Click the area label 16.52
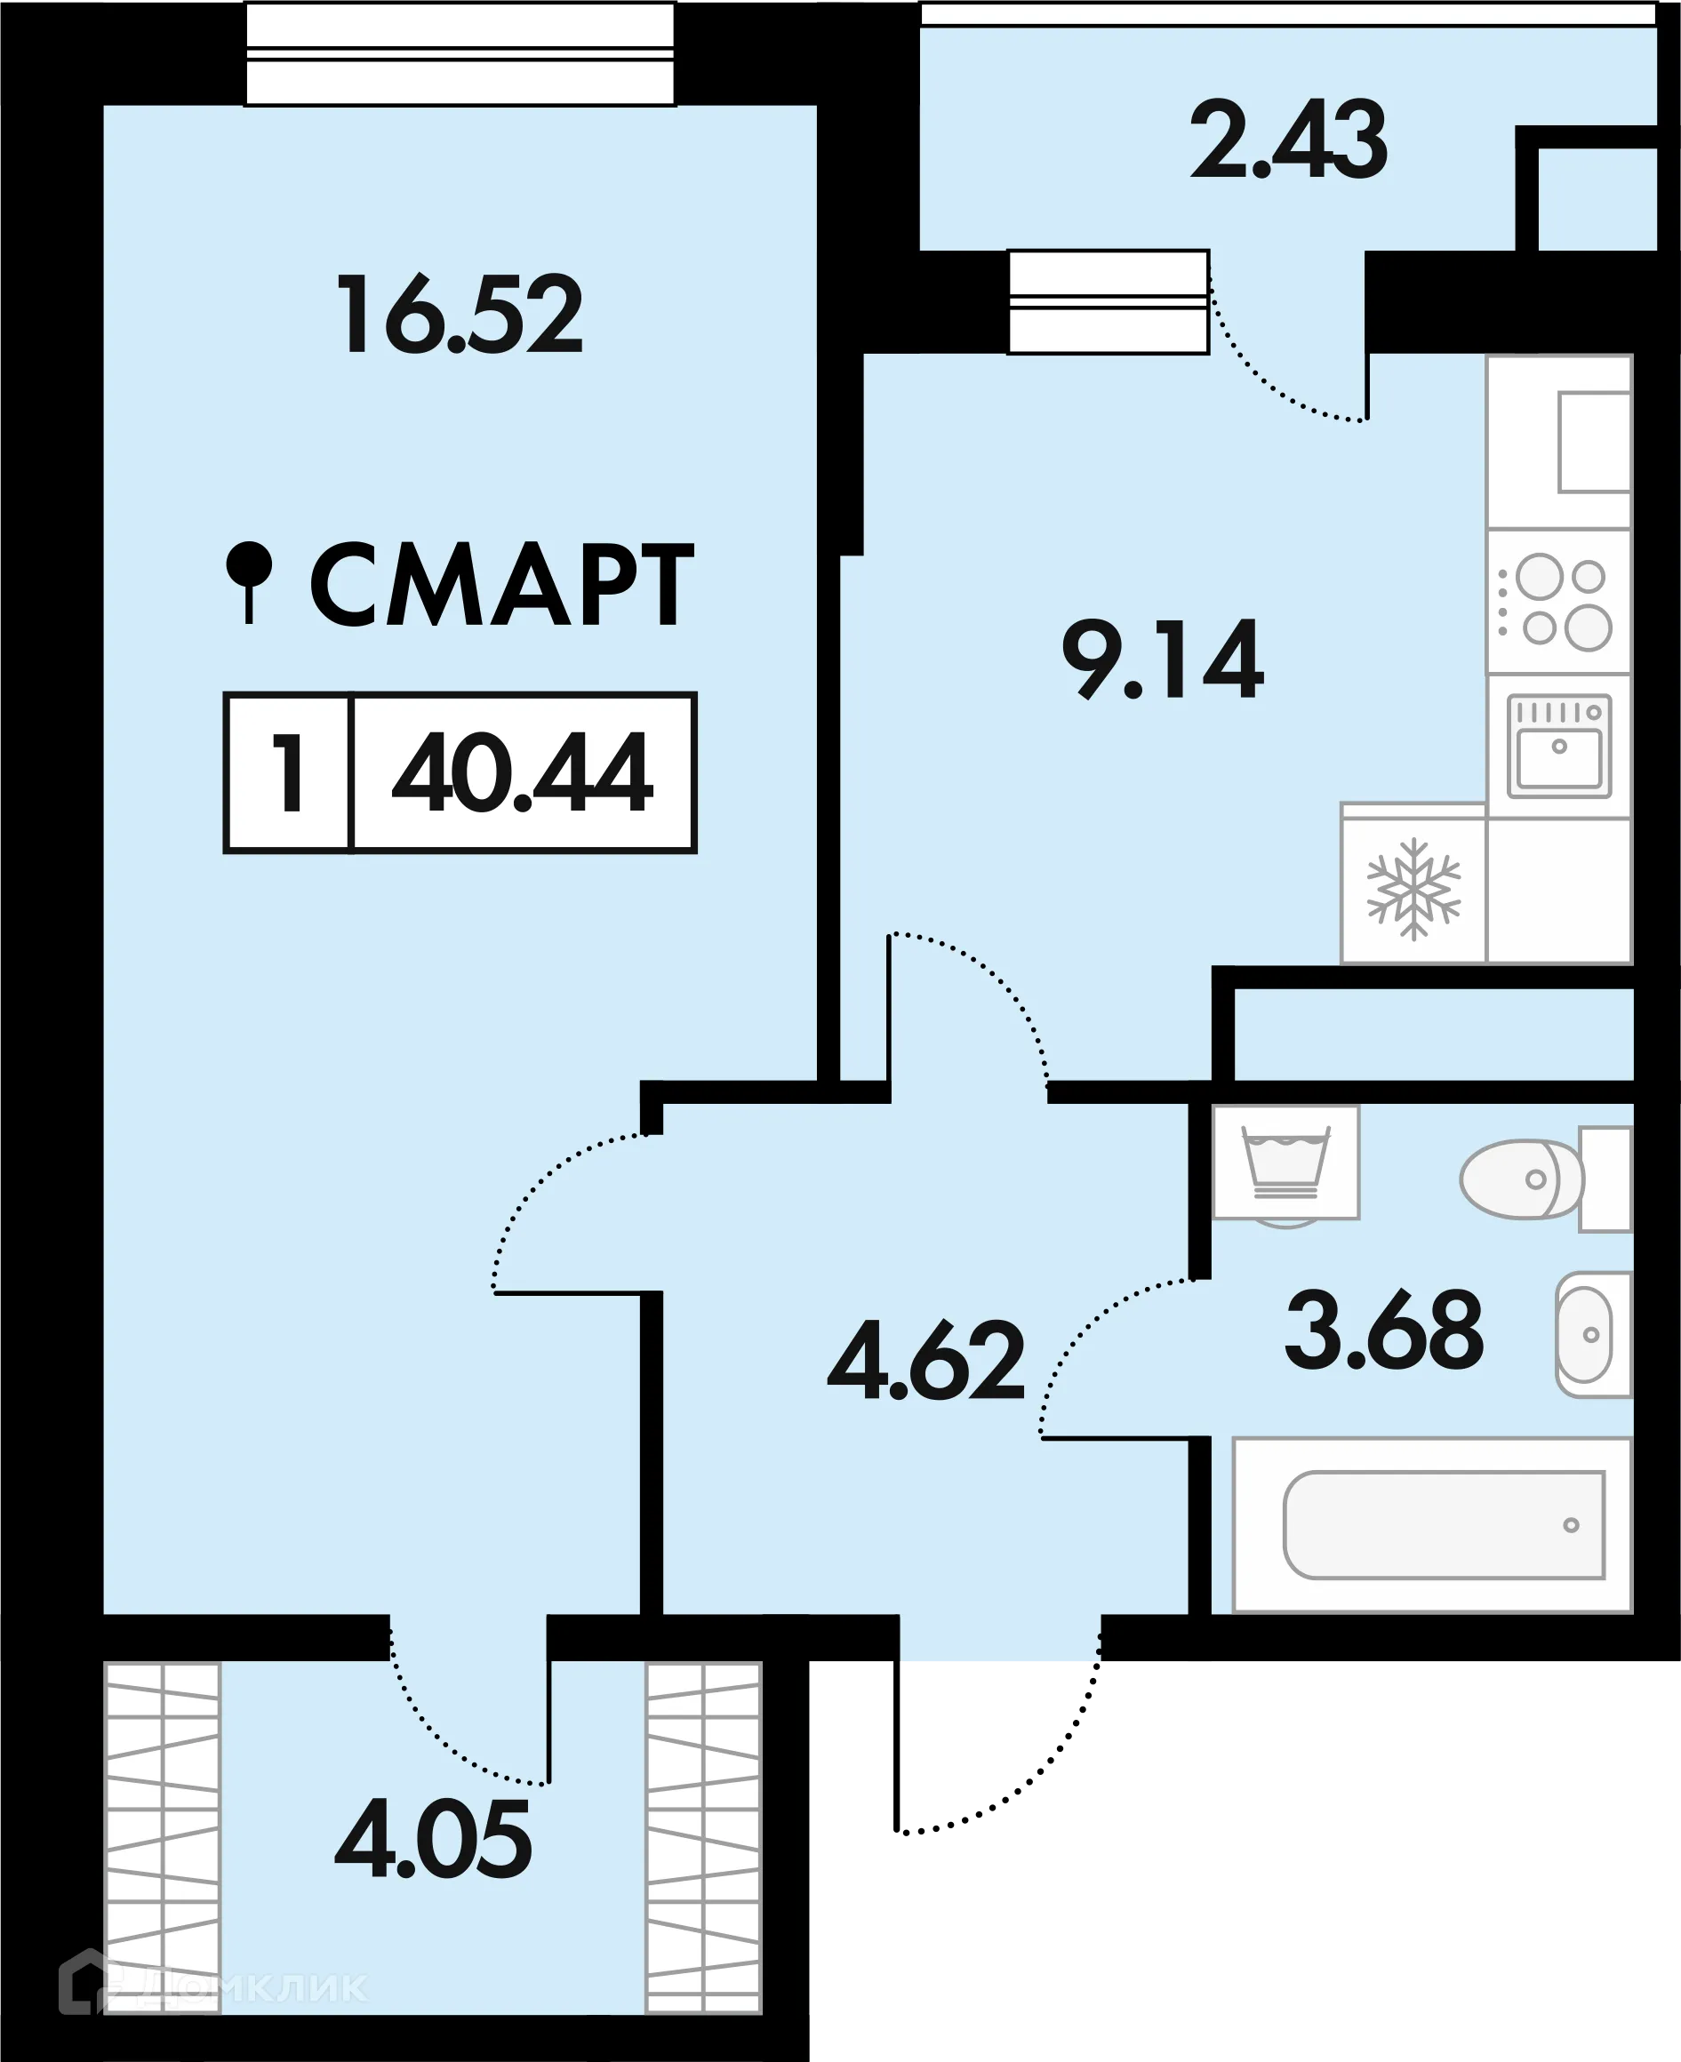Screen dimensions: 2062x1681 [459, 315]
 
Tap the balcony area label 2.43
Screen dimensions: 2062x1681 [1288, 142]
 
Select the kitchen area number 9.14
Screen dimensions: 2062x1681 [1162, 660]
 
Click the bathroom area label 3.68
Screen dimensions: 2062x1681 [1384, 1331]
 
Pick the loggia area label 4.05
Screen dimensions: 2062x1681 [433, 1839]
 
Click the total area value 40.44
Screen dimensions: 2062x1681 [523, 772]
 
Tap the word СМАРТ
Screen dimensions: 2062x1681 [500, 586]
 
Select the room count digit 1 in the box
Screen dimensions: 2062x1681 [289, 772]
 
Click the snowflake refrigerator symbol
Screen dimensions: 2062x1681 [1413, 888]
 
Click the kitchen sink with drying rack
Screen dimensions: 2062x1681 [1559, 746]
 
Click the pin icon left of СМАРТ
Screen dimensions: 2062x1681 [249, 579]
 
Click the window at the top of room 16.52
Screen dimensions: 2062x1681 [459, 54]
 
